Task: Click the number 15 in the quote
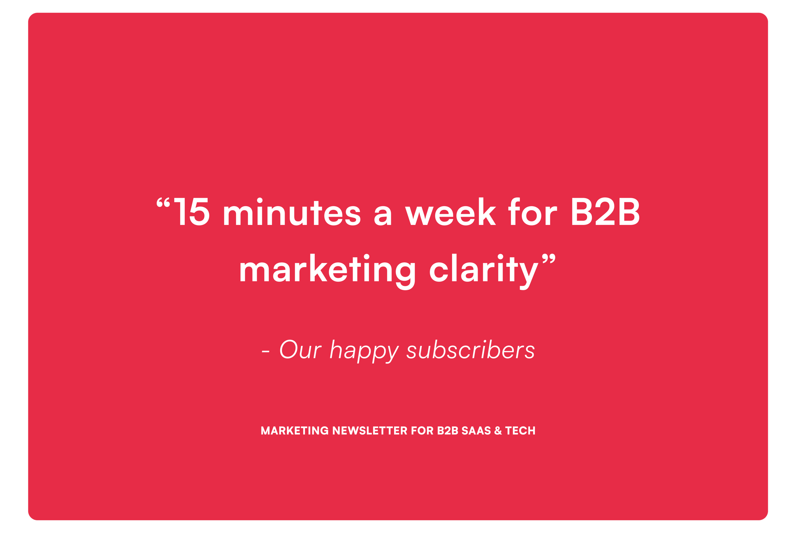[x=191, y=213]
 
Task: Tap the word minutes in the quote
[x=292, y=212]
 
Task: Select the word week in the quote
[x=450, y=212]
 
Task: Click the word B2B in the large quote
[x=605, y=213]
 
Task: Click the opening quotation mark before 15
[x=163, y=203]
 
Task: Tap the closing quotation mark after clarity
[x=548, y=261]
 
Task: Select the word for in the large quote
[x=533, y=212]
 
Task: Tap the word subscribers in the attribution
[x=471, y=350]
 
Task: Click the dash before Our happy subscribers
[x=265, y=352]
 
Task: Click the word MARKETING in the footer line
[x=295, y=431]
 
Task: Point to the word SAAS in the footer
[x=476, y=431]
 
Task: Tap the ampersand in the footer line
[x=498, y=431]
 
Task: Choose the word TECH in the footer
[x=520, y=431]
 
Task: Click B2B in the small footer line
[x=448, y=431]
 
